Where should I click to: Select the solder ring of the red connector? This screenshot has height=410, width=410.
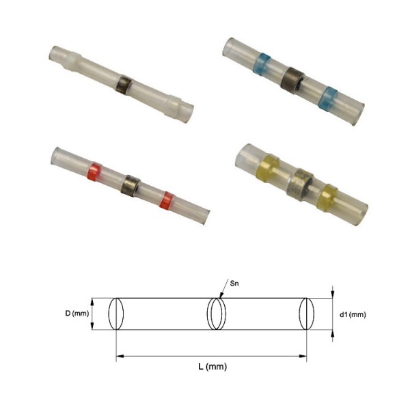pos(130,183)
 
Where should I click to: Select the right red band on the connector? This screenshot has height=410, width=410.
pos(164,200)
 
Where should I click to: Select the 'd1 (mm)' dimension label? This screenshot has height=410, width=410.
pos(353,315)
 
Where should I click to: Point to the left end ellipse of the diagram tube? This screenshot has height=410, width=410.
pos(116,314)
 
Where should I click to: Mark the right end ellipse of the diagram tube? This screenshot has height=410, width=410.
pos(307,315)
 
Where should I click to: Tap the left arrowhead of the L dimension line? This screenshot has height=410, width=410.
pos(120,355)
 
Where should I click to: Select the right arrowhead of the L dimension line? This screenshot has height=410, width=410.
pos(303,355)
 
